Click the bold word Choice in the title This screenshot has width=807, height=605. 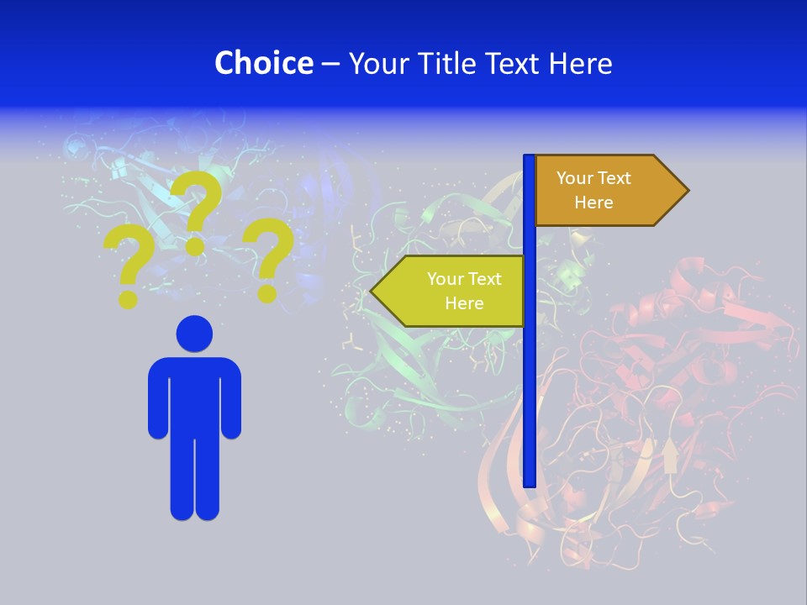[x=263, y=63]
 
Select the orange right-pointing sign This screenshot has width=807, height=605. [x=605, y=191]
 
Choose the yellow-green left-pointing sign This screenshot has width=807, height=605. [x=454, y=291]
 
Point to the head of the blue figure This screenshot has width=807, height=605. [x=194, y=334]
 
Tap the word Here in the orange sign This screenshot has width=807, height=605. [x=593, y=203]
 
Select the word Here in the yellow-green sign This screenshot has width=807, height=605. [x=464, y=303]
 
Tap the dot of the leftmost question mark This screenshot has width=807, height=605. [x=128, y=297]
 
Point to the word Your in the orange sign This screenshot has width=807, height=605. [x=575, y=178]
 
